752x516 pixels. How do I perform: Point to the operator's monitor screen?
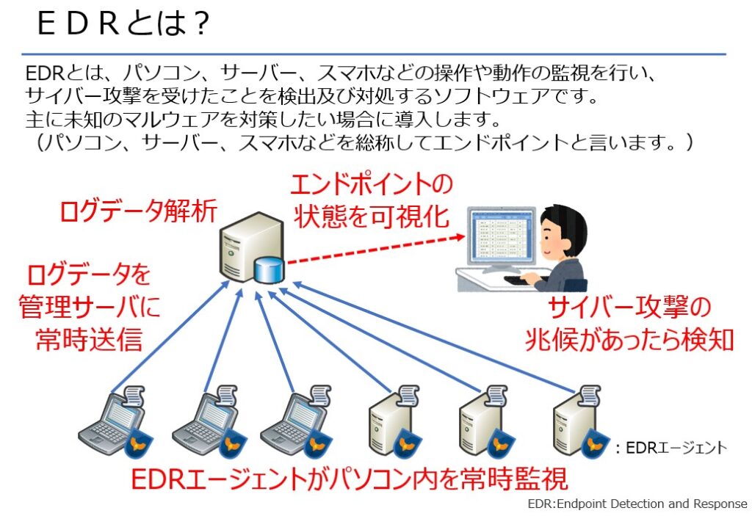pyautogui.click(x=499, y=236)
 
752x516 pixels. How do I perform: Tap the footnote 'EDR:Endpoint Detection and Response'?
pyautogui.click(x=637, y=504)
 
